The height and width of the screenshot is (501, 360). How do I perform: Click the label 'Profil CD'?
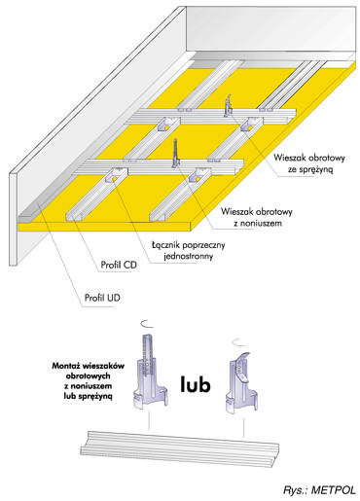point(119,265)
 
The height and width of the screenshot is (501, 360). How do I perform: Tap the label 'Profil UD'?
point(102,298)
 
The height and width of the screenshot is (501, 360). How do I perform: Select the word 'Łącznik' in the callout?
point(165,245)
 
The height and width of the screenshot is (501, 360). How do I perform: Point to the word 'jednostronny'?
point(189,257)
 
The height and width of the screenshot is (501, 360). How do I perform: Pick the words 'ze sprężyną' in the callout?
point(310,169)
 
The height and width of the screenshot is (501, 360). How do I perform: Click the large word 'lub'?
point(196,384)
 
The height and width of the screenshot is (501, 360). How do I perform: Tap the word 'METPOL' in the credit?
point(334,490)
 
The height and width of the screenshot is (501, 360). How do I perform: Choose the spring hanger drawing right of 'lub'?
point(240,382)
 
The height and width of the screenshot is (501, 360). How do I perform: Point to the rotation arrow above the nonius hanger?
point(147,323)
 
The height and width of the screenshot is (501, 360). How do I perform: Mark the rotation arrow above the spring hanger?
point(239,342)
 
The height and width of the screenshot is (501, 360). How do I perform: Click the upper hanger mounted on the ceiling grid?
point(229,105)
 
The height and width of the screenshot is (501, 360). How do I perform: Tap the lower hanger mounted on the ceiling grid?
point(176,153)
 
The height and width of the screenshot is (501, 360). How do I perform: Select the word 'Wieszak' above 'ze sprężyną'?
point(289,158)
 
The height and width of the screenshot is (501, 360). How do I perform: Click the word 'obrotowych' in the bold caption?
point(89,376)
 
